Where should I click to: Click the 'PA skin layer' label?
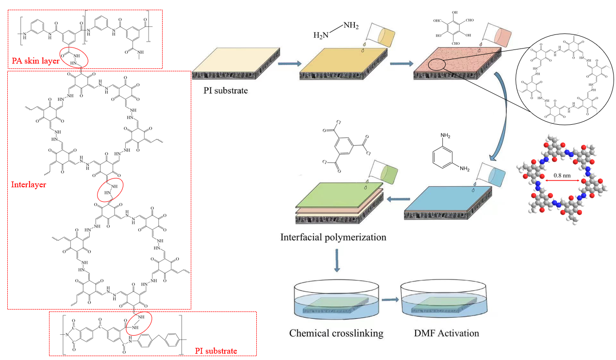coord(35,62)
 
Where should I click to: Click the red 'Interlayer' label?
coord(29,184)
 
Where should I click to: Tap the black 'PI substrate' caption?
coord(227,90)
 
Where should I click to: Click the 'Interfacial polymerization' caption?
coord(333,237)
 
